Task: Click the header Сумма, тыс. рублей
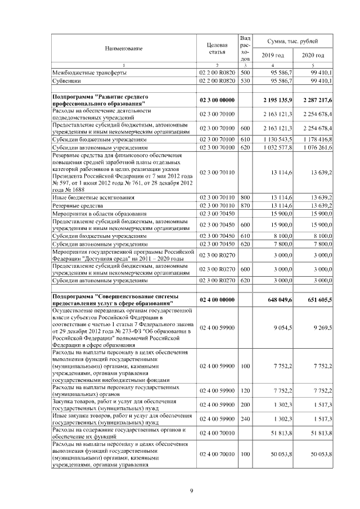pyautogui.click(x=293, y=42)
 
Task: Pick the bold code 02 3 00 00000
pyautogui.click(x=217, y=101)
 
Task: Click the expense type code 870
pyautogui.click(x=245, y=206)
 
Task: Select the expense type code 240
pyautogui.click(x=245, y=418)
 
